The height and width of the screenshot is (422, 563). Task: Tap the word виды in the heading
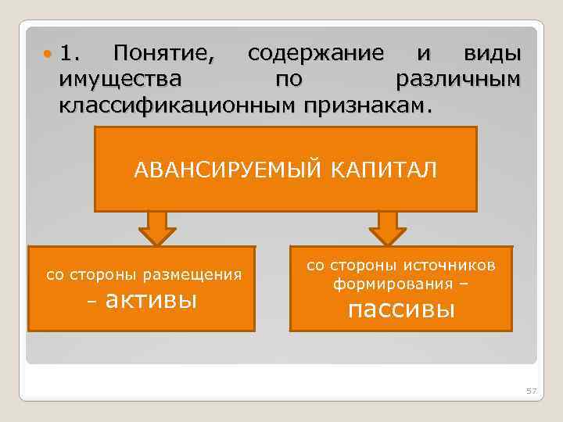click(492, 54)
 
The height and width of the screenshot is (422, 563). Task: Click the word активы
click(151, 299)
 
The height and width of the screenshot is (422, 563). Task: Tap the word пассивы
click(400, 309)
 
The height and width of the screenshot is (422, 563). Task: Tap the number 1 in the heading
click(70, 54)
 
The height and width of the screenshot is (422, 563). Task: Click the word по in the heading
click(287, 79)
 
